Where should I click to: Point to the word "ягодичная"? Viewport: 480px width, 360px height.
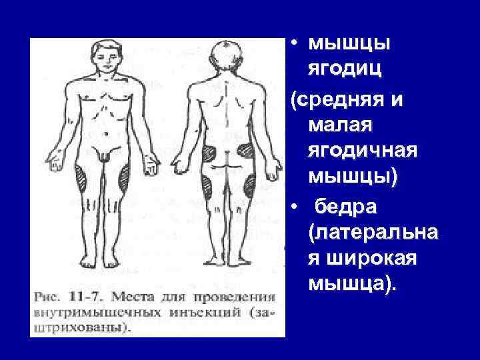(363, 151)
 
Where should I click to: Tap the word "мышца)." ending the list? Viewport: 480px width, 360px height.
(351, 285)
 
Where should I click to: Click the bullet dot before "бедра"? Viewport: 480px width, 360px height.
(293, 207)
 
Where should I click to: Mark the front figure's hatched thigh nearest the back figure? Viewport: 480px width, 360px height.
(123, 177)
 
